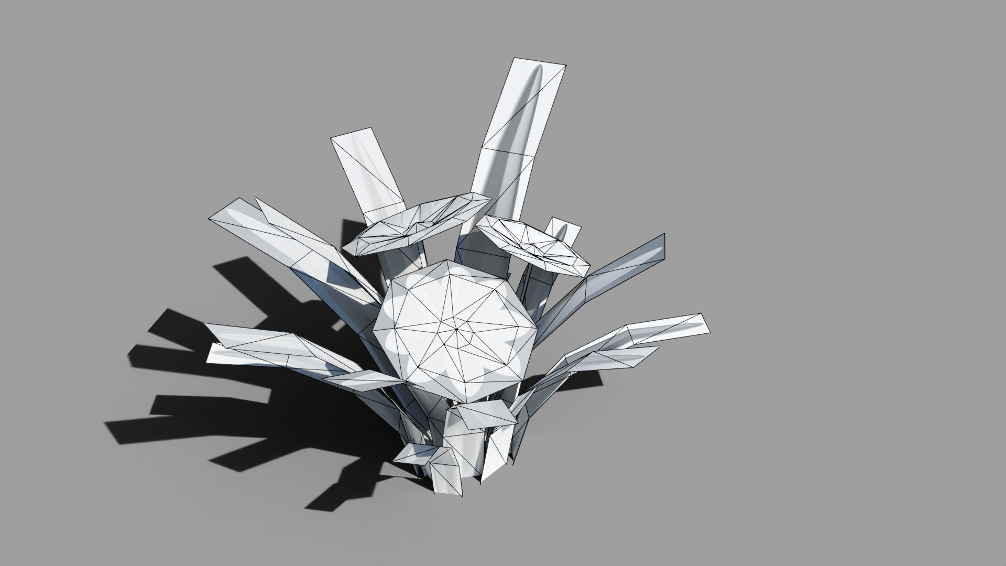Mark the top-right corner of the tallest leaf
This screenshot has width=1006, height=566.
[x=566, y=66]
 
